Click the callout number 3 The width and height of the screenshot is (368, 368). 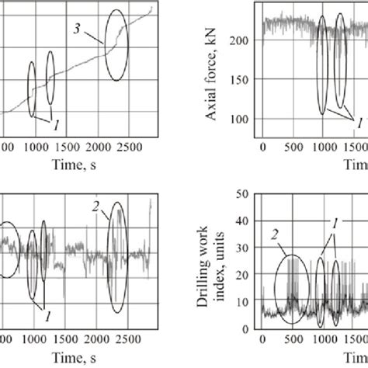(x=77, y=30)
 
